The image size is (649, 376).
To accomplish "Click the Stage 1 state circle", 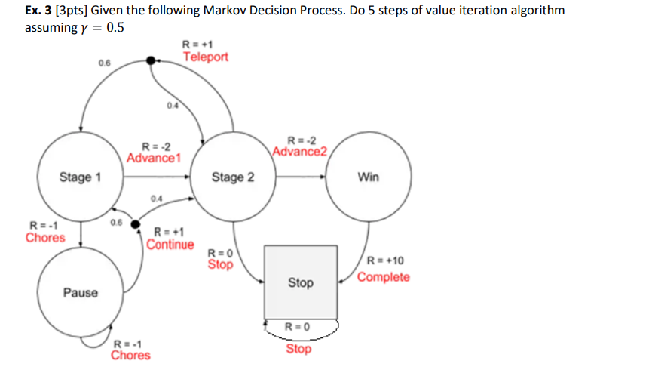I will coord(80,178).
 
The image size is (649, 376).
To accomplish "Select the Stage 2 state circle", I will coord(233,178).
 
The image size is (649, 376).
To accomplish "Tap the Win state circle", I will coord(369,178).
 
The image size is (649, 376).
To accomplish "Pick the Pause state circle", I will coord(80,292).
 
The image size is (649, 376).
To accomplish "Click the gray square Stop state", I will coord(300,282).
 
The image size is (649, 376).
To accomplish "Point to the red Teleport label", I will coord(205,57).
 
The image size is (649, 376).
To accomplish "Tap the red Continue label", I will coord(170,245).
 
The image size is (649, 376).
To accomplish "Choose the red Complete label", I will coord(384,276).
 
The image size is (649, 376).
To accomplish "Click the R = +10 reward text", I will coord(385,261).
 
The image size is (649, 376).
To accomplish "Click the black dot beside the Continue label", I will coord(136,224).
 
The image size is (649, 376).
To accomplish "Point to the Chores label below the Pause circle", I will coord(130,355).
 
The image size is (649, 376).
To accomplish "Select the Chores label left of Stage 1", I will coord(45,238).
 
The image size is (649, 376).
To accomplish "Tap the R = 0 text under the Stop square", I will coord(298,326).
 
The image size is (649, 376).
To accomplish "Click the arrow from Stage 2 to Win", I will coord(301,178).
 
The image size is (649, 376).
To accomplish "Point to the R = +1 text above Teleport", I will coord(197,44).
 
